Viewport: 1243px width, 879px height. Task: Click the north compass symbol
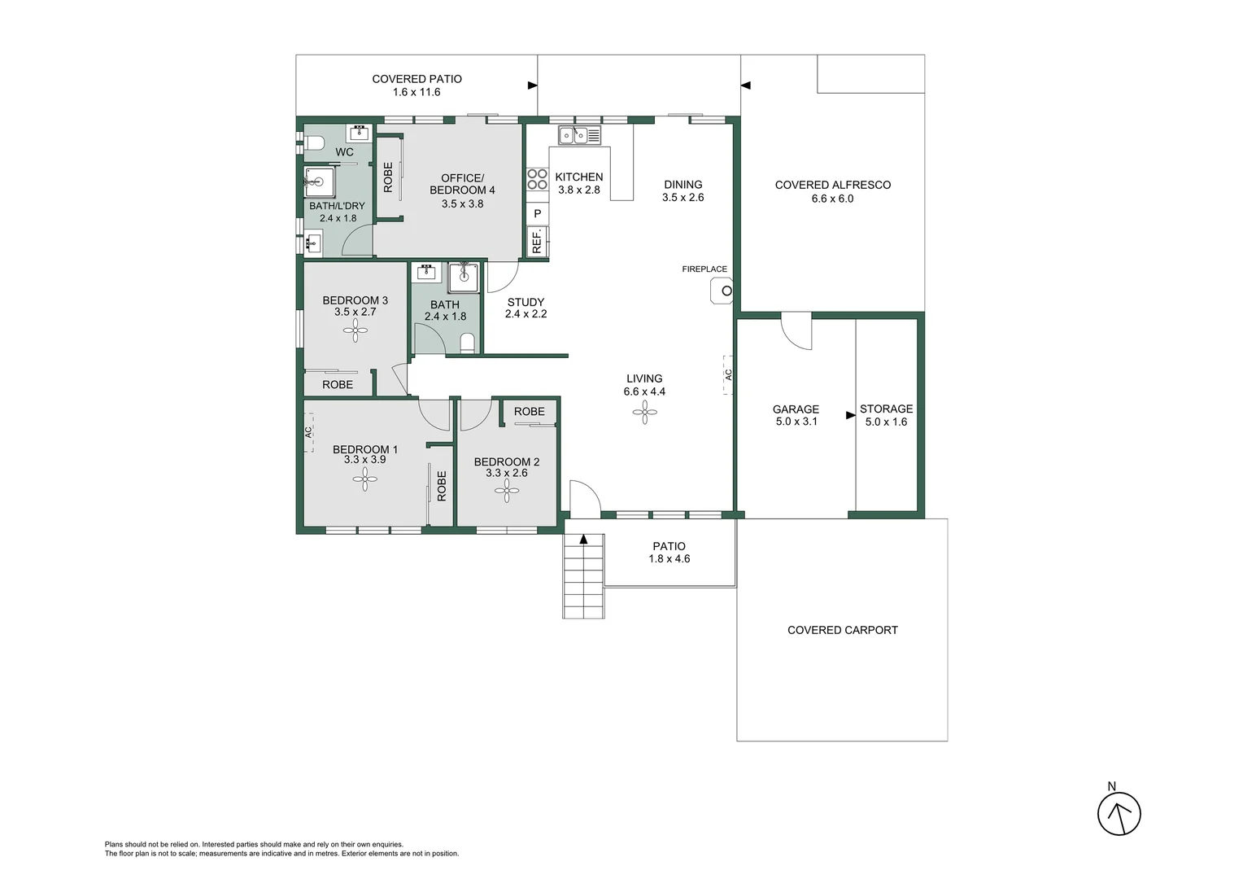click(1119, 813)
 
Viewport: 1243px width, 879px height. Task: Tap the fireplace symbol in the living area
click(722, 291)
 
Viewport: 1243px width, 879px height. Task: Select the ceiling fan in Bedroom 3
click(355, 330)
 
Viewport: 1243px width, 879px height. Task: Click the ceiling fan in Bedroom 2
click(507, 490)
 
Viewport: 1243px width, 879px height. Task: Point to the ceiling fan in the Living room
click(645, 413)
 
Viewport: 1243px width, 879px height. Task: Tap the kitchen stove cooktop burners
click(537, 179)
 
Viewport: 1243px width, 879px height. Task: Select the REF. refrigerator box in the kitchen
click(537, 241)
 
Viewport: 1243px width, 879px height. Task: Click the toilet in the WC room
click(314, 144)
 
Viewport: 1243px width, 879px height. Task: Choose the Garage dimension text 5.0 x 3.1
click(796, 422)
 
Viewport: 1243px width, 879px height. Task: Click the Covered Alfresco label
click(832, 185)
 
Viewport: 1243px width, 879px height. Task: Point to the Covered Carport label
click(842, 630)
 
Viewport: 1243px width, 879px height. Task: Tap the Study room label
click(526, 302)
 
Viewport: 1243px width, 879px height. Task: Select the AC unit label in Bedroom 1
click(309, 433)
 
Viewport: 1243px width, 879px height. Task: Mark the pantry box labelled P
click(537, 214)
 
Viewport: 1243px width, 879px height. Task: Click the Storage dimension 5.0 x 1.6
click(886, 422)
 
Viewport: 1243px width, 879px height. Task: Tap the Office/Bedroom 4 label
click(462, 184)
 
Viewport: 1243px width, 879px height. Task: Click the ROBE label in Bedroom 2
click(529, 412)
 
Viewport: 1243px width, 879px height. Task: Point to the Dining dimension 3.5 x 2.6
click(683, 198)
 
